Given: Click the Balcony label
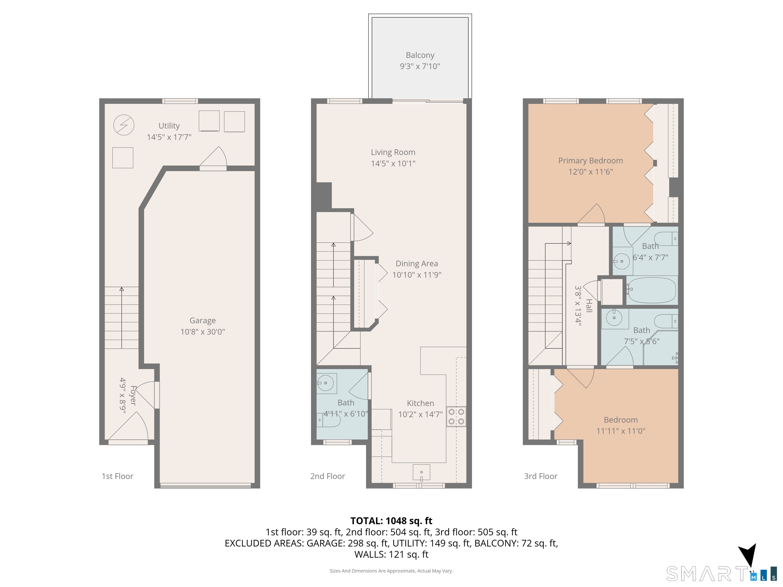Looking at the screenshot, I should pos(420,55).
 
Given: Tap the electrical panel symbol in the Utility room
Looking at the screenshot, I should pos(124,125).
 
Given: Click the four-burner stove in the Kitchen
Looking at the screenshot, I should pos(456,417).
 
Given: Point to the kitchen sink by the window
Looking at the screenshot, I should pos(421,472).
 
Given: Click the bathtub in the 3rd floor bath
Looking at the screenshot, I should pos(651,290).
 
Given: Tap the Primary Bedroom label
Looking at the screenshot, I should pos(590,161).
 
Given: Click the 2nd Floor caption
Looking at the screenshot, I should pos(328,476).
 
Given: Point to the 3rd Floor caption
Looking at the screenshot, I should pos(541,476).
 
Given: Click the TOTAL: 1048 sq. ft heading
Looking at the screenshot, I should pos(391,521).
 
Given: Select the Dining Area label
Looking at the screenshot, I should pos(417,264).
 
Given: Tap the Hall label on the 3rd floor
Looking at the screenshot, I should pos(589,306).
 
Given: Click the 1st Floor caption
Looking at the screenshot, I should pos(117,476).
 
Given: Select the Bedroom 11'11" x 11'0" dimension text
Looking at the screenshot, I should pos(621,431).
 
